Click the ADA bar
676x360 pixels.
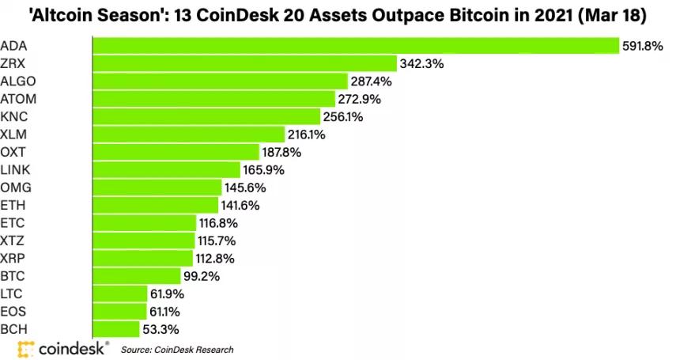[355, 45]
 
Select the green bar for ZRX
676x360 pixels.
[244, 63]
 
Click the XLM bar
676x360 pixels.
[188, 135]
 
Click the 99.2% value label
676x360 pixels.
[201, 276]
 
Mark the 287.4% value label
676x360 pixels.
[372, 81]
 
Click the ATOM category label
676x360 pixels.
[19, 99]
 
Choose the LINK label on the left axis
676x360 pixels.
[17, 170]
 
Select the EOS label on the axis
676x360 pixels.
[15, 312]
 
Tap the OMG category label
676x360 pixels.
[17, 188]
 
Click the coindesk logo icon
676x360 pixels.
[26, 347]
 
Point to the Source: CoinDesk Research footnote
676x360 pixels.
[177, 348]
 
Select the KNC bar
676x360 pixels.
[206, 116]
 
